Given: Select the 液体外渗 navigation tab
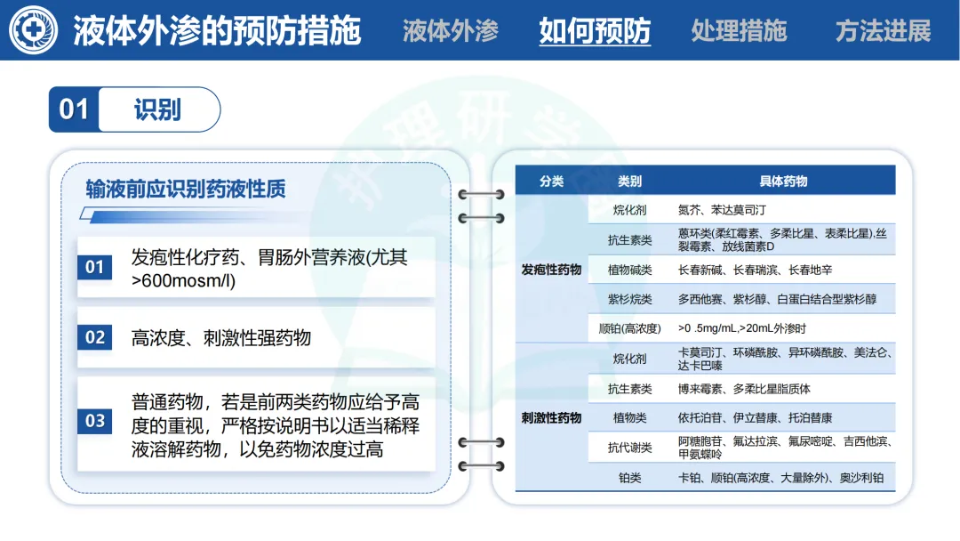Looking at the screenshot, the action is click(451, 31).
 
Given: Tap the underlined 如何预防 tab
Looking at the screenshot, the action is click(595, 31).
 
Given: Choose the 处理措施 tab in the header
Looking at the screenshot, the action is click(739, 31).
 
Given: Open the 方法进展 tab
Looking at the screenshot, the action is click(883, 31).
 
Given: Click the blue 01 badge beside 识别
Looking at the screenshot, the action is click(74, 109).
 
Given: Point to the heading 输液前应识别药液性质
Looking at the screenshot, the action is click(185, 189).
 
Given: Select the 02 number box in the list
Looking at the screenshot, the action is click(95, 338).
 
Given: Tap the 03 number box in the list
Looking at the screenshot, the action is click(95, 421).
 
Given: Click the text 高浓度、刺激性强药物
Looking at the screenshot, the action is click(221, 339).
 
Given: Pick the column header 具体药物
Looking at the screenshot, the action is click(783, 182).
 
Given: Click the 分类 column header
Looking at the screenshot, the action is click(551, 182).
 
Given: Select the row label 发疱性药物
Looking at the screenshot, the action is click(551, 269).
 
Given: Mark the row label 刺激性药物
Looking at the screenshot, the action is click(551, 417).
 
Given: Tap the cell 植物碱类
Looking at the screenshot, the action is click(629, 270).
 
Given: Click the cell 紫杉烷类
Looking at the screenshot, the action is click(629, 299).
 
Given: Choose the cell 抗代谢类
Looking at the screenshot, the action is click(629, 448).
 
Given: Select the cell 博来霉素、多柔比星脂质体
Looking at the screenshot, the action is click(744, 389).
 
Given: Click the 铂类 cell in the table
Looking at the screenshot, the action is click(629, 478).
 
